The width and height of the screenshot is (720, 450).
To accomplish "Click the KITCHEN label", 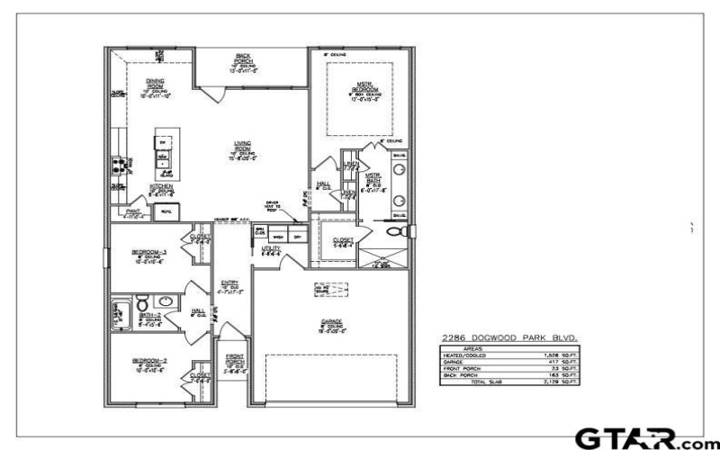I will [161, 188].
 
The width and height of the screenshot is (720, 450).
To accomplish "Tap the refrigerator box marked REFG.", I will [165, 212].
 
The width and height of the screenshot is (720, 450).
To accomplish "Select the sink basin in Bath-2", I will [167, 301].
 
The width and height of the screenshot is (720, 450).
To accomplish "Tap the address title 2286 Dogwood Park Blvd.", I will [507, 337].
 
